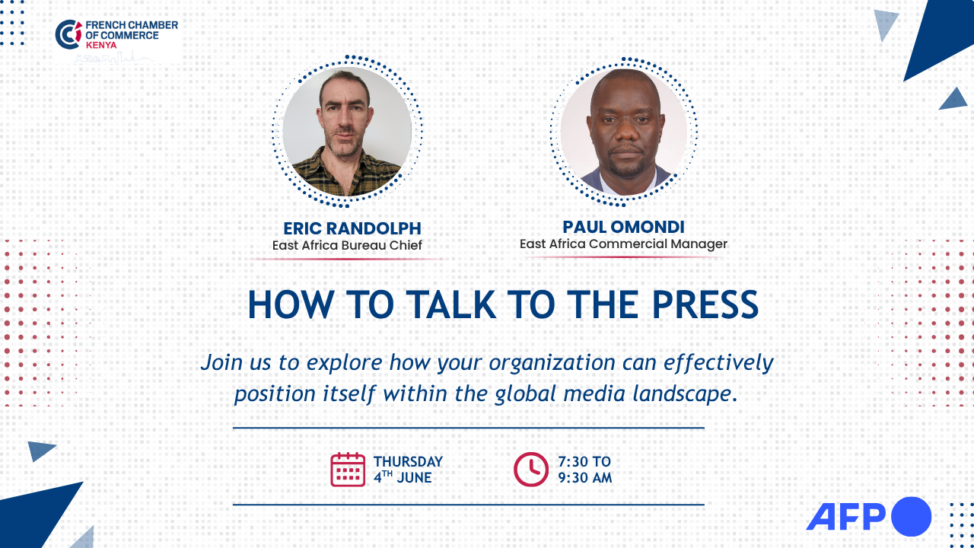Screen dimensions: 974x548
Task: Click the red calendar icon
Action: [348, 470]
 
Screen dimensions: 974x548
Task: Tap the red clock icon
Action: [531, 470]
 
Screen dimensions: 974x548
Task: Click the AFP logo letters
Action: [845, 517]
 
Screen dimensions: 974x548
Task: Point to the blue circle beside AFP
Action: [911, 517]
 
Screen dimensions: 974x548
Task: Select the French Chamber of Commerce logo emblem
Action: [68, 34]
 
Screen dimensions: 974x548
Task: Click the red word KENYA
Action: [101, 45]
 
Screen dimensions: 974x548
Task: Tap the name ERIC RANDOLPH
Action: [352, 228]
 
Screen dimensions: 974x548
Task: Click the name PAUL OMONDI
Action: [623, 227]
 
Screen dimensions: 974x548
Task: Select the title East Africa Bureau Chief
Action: [347, 245]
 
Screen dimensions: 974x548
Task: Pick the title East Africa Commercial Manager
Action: [623, 244]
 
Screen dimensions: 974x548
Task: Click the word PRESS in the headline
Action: [705, 304]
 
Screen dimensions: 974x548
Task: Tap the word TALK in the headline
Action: [451, 304]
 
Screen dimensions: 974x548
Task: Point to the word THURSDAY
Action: [408, 461]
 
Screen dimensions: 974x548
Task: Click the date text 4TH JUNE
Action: [403, 477]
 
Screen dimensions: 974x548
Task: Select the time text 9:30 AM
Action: [585, 477]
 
